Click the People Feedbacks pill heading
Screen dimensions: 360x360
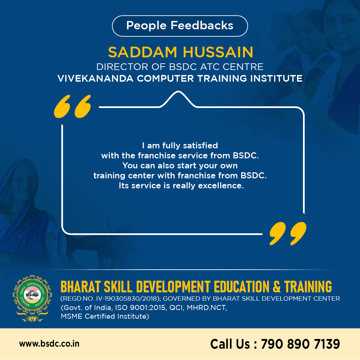pyautogui.click(x=180, y=26)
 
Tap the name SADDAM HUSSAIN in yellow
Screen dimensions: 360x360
pyautogui.click(x=181, y=52)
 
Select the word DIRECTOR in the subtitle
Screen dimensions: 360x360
pyautogui.click(x=123, y=67)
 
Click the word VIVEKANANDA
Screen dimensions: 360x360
pyautogui.click(x=95, y=79)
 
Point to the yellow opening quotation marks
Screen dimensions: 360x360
pyautogui.click(x=72, y=107)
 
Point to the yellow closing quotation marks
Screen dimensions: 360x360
pyautogui.click(x=288, y=233)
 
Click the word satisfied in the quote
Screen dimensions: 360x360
pyautogui.click(x=200, y=146)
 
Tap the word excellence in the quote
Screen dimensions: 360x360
pyautogui.click(x=221, y=186)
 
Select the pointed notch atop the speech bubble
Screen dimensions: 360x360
pyautogui.click(x=178, y=99)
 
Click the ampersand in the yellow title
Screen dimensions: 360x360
pyautogui.click(x=277, y=287)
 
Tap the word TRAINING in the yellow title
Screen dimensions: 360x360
pyautogui.click(x=308, y=287)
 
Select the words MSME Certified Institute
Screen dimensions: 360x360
pyautogui.click(x=105, y=316)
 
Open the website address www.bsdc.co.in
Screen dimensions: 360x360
pyautogui.click(x=49, y=344)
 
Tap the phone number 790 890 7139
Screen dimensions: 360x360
pyautogui.click(x=300, y=344)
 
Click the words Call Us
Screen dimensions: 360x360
pyautogui.click(x=230, y=344)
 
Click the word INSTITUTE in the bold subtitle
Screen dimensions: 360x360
pyautogui.click(x=276, y=79)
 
